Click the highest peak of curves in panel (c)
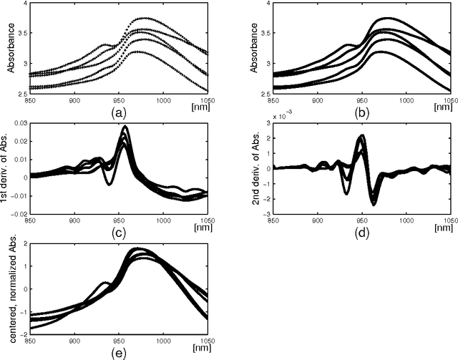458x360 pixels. (126, 127)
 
